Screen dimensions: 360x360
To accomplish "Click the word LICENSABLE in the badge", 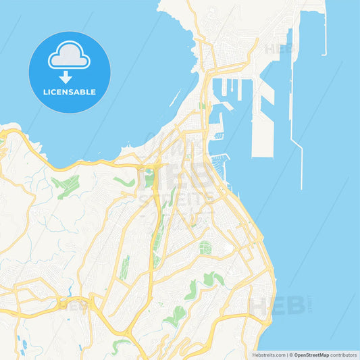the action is (70, 92).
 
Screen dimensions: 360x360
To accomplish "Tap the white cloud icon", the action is (69, 55).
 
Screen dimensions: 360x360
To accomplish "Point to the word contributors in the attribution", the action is (344, 355).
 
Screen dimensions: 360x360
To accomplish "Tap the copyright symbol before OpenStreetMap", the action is (292, 355).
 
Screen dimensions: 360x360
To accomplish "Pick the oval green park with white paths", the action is (205, 248).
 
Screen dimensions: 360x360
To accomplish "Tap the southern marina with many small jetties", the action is (220, 161).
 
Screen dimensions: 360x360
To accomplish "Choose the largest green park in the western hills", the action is (66, 186).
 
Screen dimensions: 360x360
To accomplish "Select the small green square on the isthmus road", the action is (202, 105).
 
